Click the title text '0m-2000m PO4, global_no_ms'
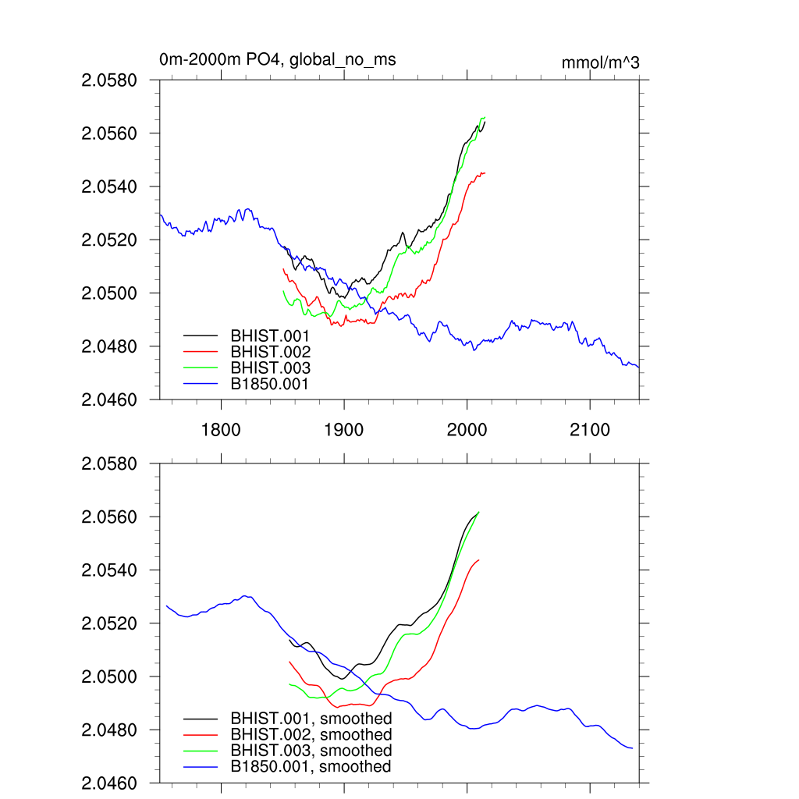(282, 59)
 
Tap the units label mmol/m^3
(600, 62)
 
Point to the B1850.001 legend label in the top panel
(270, 384)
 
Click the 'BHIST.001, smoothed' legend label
(311, 718)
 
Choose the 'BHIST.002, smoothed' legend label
(311, 734)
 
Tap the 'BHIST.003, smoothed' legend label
(311, 751)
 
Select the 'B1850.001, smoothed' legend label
(311, 766)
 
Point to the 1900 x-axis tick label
(344, 430)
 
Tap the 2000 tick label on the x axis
(467, 430)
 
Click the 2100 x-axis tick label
(590, 430)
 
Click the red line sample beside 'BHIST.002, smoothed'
(200, 734)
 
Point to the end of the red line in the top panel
(485, 172)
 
